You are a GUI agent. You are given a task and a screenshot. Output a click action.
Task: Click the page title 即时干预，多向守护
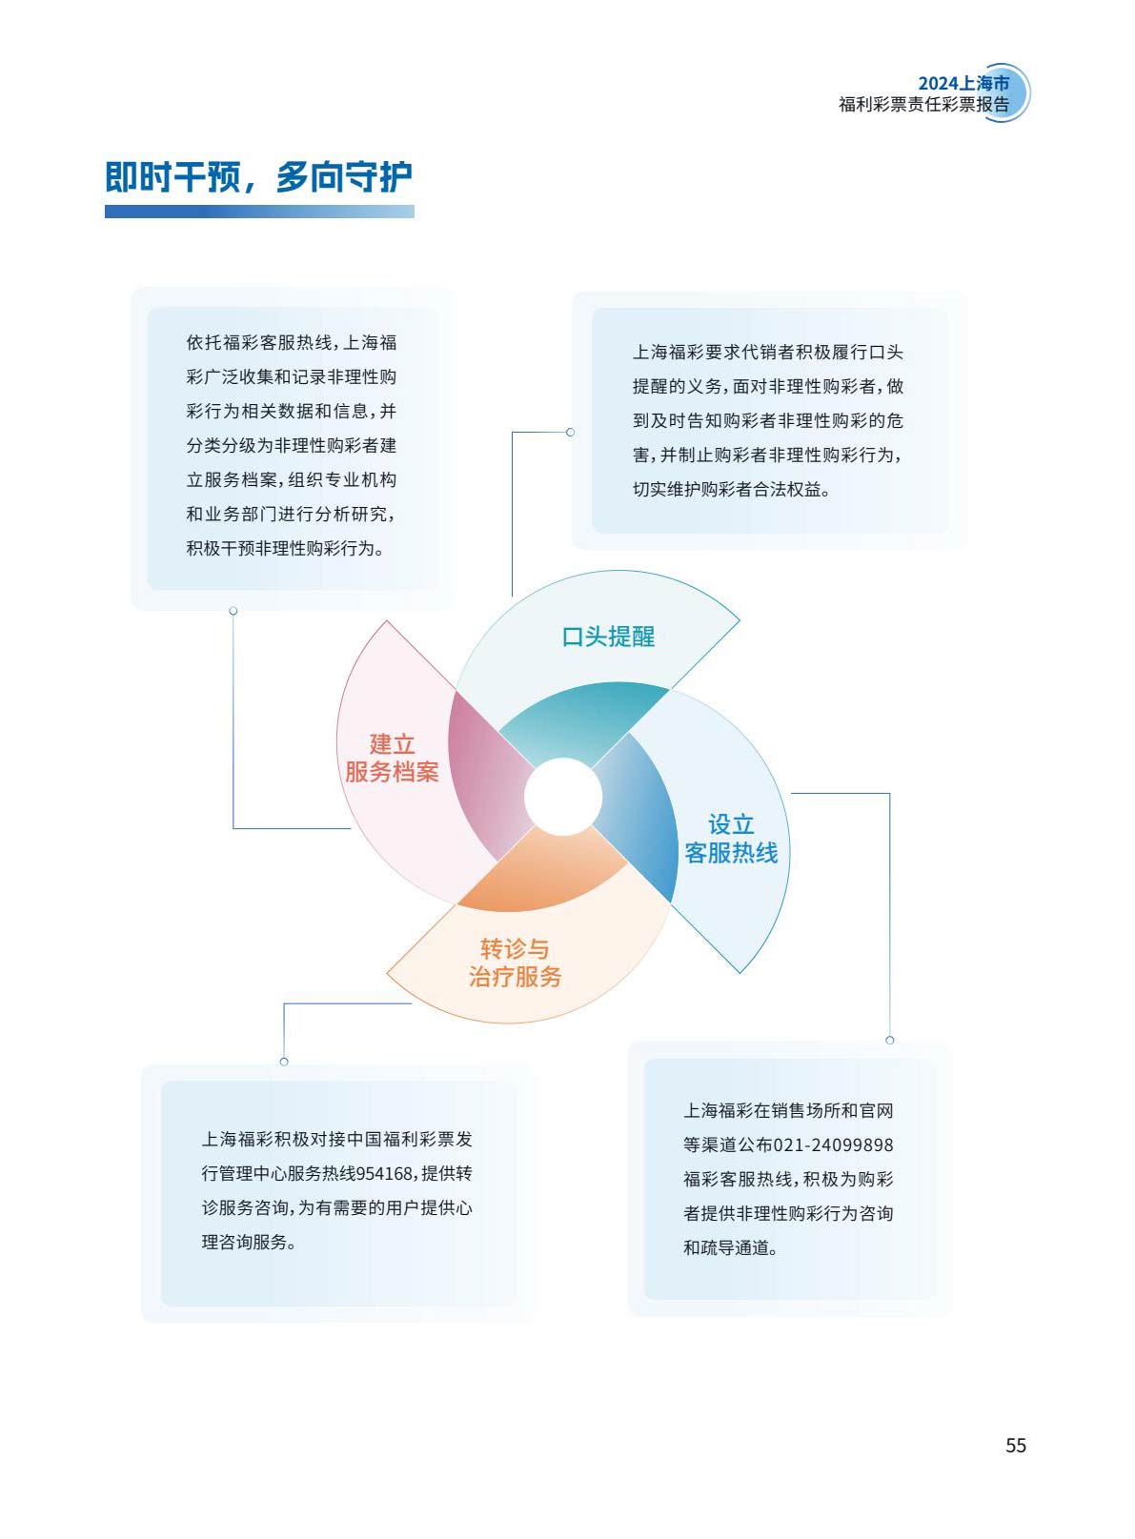coord(258,176)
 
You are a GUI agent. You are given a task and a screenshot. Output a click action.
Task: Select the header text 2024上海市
coord(963,83)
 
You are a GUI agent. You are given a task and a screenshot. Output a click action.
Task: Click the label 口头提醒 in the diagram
coord(608,637)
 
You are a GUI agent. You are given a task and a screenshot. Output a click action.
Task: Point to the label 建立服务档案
coord(392,758)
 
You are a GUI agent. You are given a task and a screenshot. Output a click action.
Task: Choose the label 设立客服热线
coord(731,839)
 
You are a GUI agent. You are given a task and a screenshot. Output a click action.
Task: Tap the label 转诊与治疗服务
coord(515,962)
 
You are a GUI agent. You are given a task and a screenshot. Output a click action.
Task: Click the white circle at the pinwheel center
coord(562,797)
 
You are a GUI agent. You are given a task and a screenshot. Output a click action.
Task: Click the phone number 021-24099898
coord(833,1145)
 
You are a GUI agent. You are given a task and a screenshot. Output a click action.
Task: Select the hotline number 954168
coord(385,1173)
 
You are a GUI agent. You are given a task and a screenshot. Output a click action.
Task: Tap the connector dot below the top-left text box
coord(233,611)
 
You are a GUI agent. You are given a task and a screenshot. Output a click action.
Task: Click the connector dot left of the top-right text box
coord(570,432)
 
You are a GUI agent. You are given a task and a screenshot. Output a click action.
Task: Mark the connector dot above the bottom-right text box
coord(890,1041)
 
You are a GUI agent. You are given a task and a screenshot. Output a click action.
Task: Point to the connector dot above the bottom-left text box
coord(284,1062)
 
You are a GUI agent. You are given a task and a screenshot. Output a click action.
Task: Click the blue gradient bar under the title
coord(259,212)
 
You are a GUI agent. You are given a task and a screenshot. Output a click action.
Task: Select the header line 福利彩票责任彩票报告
coord(924,105)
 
